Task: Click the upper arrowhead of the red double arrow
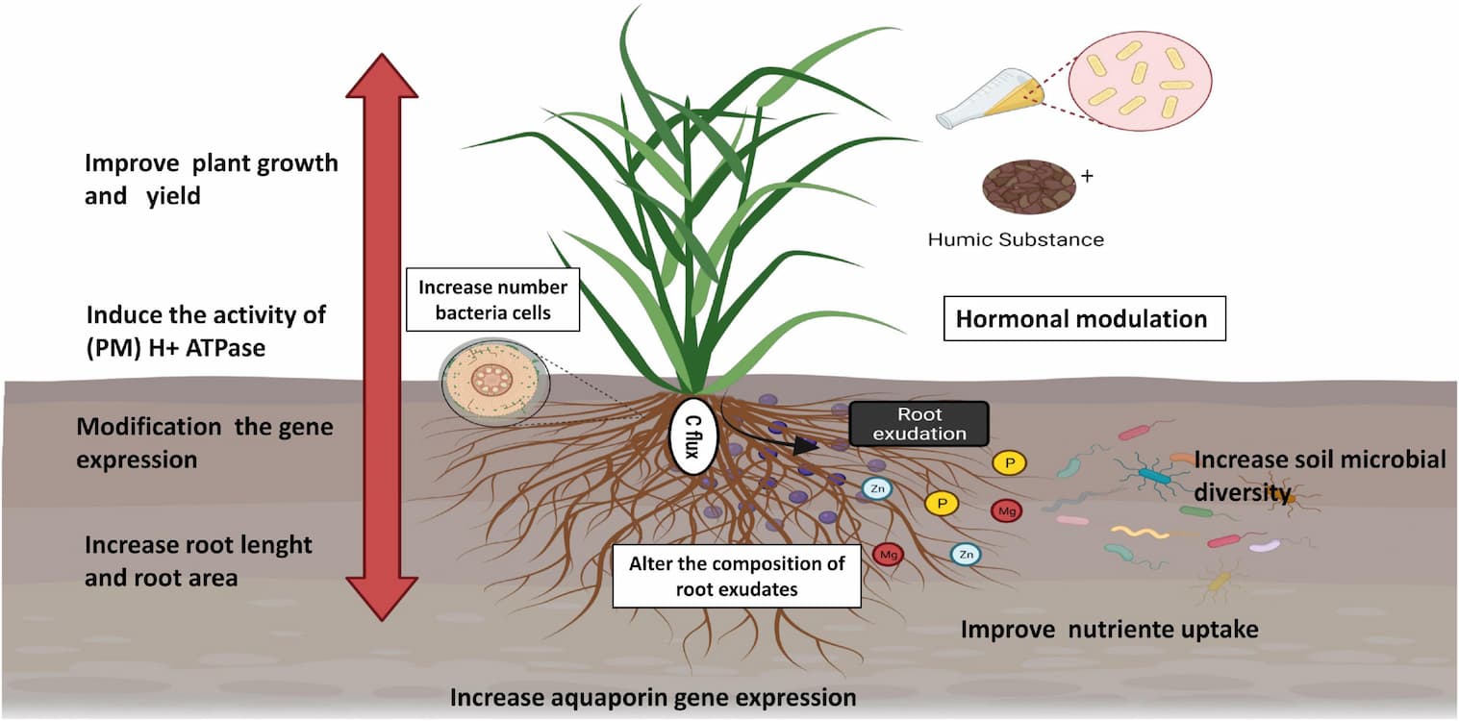pyautogui.click(x=382, y=76)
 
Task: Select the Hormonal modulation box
pyautogui.click(x=1085, y=318)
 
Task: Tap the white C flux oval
pyautogui.click(x=693, y=436)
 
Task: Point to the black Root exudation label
pyautogui.click(x=919, y=423)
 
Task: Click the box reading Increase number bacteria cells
pyautogui.click(x=492, y=300)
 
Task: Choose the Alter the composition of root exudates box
pyautogui.click(x=737, y=576)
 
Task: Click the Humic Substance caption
pyautogui.click(x=1016, y=239)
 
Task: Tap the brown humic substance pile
pyautogui.click(x=1028, y=186)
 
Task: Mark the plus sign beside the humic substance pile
pyautogui.click(x=1087, y=176)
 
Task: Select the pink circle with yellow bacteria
pyautogui.click(x=1140, y=81)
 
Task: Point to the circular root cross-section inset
pyautogui.click(x=493, y=381)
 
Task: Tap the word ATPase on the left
pyautogui.click(x=225, y=348)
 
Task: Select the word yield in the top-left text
pyautogui.click(x=173, y=196)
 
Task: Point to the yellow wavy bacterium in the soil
pyautogui.click(x=1140, y=533)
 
